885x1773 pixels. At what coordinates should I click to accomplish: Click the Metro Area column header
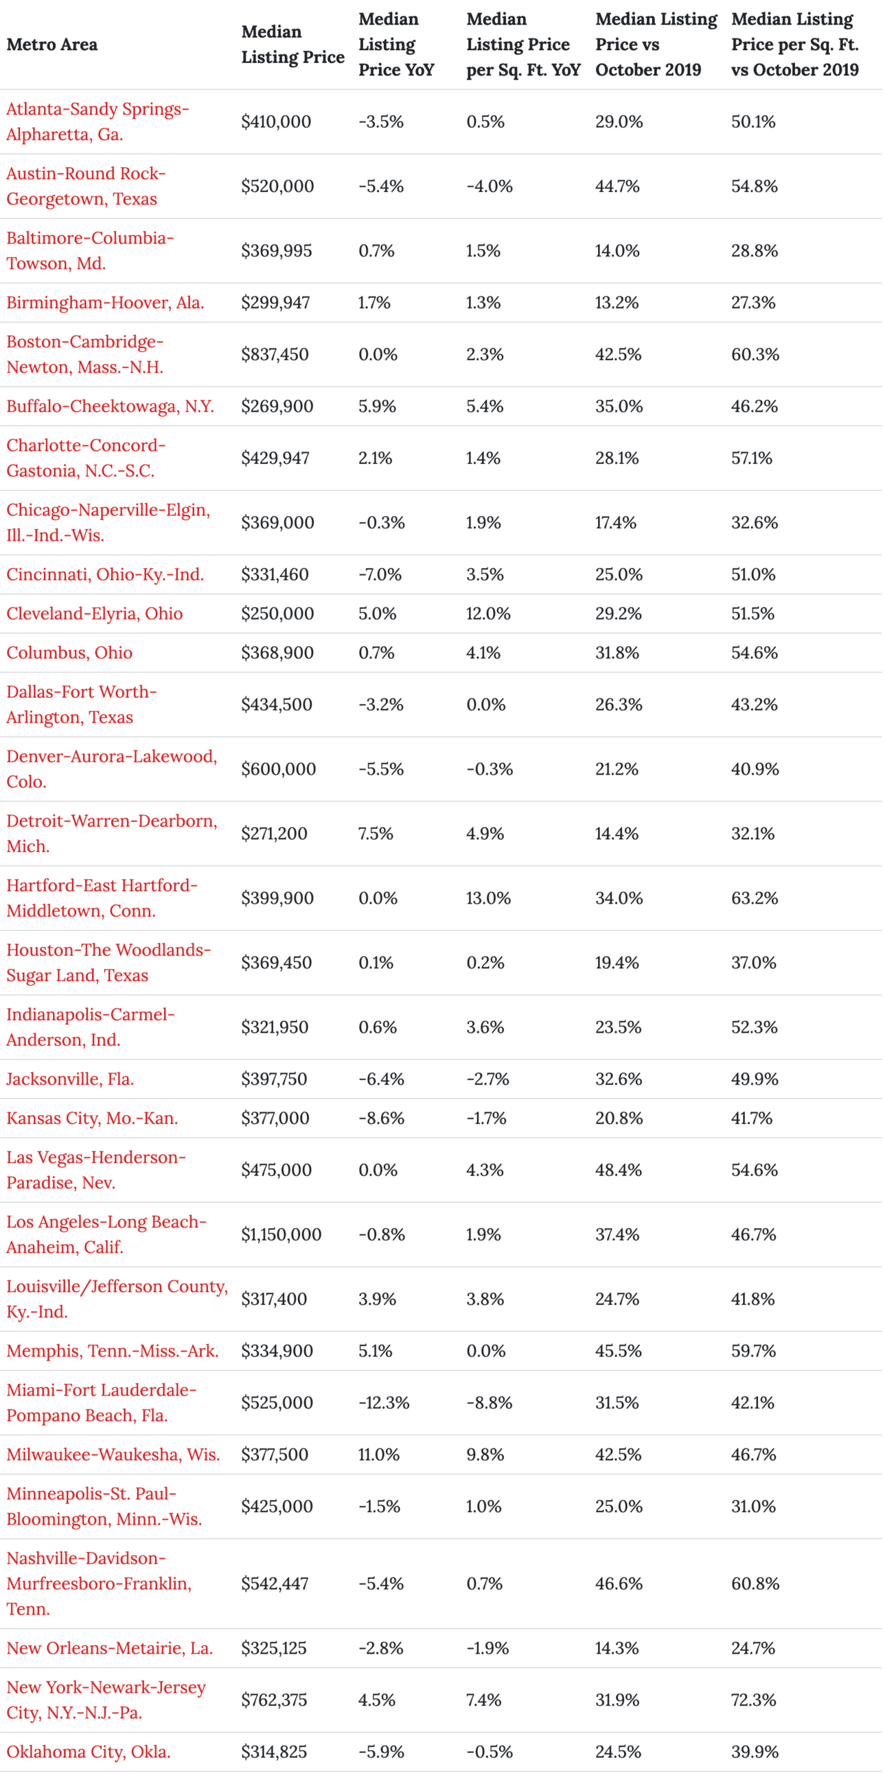pyautogui.click(x=52, y=45)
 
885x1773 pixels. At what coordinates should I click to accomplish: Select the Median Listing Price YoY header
pyautogui.click(x=397, y=45)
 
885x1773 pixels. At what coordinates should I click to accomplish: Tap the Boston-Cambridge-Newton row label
pyautogui.click(x=85, y=355)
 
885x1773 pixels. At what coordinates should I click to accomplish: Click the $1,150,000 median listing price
pyautogui.click(x=281, y=1234)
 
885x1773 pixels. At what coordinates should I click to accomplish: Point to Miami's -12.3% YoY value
pyautogui.click(x=384, y=1402)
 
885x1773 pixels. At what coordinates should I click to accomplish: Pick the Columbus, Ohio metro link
pyautogui.click(x=69, y=653)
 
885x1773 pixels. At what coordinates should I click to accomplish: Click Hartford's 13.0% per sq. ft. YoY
pyautogui.click(x=488, y=897)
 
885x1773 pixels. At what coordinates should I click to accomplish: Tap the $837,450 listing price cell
pyautogui.click(x=275, y=355)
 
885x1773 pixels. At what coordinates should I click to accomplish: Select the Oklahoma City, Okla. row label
pyautogui.click(x=89, y=1751)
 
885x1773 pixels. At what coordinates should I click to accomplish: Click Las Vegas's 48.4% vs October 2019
pyautogui.click(x=619, y=1169)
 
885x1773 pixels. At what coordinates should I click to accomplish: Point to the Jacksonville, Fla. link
pyautogui.click(x=70, y=1079)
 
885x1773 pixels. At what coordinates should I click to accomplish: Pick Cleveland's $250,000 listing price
pyautogui.click(x=277, y=613)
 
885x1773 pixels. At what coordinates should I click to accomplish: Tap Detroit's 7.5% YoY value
pyautogui.click(x=376, y=833)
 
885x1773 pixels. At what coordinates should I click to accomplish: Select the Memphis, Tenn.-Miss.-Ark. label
pyautogui.click(x=113, y=1350)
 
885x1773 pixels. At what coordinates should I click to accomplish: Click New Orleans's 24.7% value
pyautogui.click(x=753, y=1647)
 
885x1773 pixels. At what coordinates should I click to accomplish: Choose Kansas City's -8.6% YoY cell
pyautogui.click(x=382, y=1118)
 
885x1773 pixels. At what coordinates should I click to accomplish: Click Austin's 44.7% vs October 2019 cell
pyautogui.click(x=618, y=186)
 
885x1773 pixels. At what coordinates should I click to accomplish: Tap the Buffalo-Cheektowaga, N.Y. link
pyautogui.click(x=110, y=406)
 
